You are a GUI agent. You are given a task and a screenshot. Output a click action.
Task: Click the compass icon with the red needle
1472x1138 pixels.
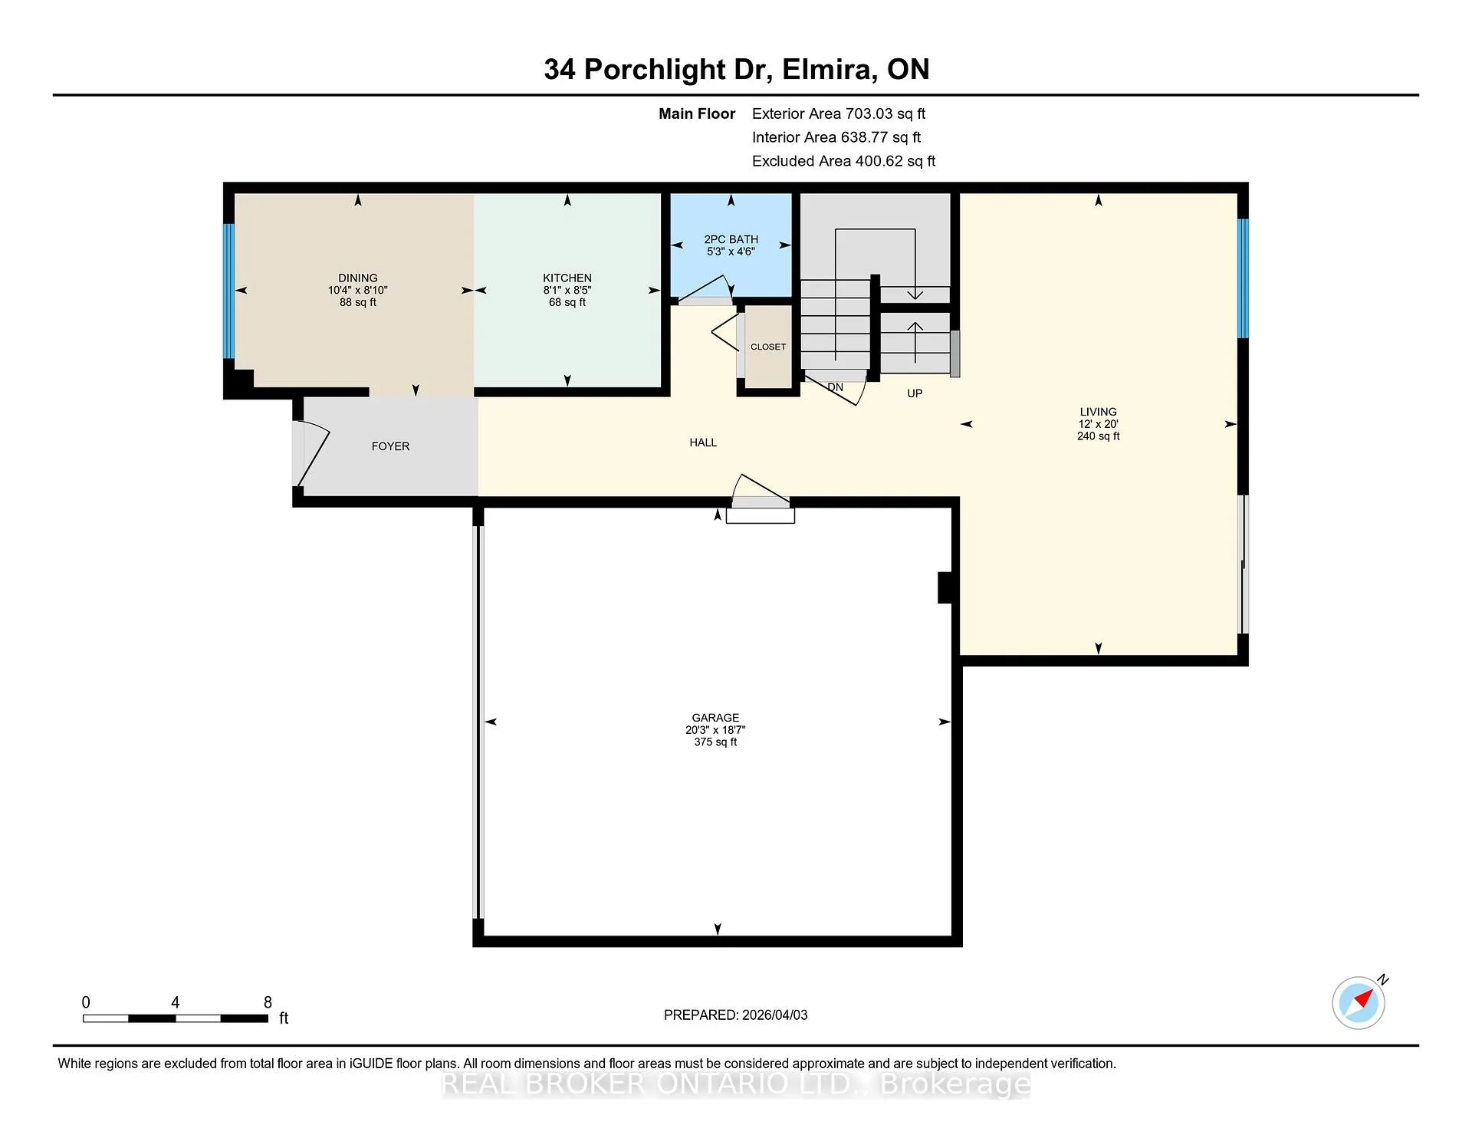coord(1359,1002)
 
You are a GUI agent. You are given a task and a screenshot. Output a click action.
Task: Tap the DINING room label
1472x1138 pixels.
coord(358,278)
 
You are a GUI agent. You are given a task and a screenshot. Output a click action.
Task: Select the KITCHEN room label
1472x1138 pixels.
coord(567,278)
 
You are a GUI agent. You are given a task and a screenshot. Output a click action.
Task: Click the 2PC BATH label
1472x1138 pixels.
coord(731,239)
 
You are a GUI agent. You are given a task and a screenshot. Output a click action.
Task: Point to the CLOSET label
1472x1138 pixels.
coord(768,347)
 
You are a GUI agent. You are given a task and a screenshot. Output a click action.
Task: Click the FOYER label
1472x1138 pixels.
coord(390,446)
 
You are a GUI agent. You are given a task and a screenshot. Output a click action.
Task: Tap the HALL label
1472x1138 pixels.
coord(703,442)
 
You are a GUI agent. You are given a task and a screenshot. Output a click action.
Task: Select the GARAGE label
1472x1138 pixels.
coord(715,718)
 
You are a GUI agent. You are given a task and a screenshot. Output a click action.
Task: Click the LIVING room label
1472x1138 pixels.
coord(1098,412)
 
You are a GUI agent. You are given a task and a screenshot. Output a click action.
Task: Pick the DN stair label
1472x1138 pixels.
coord(835,387)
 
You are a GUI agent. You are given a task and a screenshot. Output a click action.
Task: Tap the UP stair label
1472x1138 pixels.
coord(915,393)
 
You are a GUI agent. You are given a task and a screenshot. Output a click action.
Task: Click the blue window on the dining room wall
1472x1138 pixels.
coord(228,291)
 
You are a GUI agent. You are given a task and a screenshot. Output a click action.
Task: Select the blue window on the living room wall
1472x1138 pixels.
coord(1244,279)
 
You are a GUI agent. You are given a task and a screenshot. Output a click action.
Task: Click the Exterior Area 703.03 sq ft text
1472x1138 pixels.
coord(839,113)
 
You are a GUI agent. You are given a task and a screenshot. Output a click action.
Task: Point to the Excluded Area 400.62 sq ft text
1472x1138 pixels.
coord(843,161)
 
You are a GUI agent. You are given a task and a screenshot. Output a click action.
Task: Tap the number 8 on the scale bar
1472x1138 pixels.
coord(268,1002)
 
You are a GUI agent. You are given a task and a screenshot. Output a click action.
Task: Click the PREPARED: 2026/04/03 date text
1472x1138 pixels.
coord(735,1015)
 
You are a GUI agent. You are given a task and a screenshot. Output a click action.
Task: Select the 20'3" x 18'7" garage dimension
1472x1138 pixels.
coord(715,730)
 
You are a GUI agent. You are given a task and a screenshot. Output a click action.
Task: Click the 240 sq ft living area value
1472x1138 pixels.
coord(1098,436)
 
